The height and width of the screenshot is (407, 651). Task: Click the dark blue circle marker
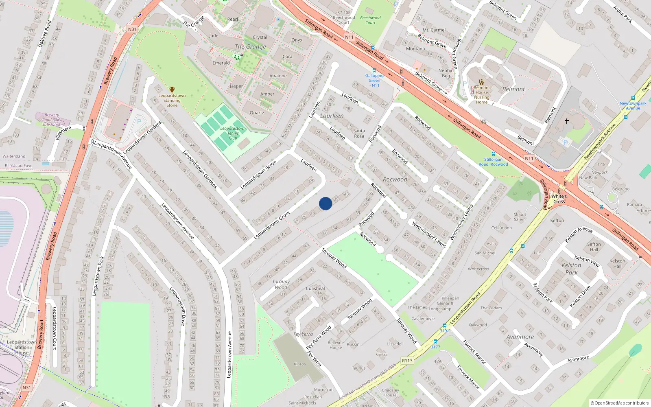[x=325, y=203]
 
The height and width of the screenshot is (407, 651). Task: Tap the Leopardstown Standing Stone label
[x=172, y=101]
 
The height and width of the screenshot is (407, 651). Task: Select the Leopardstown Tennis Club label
[x=233, y=133]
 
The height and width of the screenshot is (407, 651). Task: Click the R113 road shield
[x=407, y=361]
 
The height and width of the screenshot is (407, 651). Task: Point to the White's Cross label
[x=559, y=199]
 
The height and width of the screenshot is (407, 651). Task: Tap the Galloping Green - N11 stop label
[x=374, y=81]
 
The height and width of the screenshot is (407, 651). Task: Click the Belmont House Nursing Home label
[x=482, y=95]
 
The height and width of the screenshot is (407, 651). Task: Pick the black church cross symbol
[x=566, y=121]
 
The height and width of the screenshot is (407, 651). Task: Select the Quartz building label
[x=257, y=113]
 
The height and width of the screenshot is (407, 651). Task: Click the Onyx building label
[x=297, y=40]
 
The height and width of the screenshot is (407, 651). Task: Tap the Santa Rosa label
[x=359, y=133]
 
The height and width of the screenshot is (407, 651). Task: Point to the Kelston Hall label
[x=617, y=264]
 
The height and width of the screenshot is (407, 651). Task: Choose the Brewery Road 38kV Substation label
[x=52, y=120]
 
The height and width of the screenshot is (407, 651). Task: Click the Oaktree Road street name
[x=45, y=34]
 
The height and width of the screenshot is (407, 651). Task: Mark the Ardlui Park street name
[x=623, y=14]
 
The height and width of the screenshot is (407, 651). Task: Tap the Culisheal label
[x=315, y=288]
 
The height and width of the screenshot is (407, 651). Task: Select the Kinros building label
[x=299, y=364]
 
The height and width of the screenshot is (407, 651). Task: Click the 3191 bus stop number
[x=444, y=330]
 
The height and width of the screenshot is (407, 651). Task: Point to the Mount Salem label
[x=520, y=217]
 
